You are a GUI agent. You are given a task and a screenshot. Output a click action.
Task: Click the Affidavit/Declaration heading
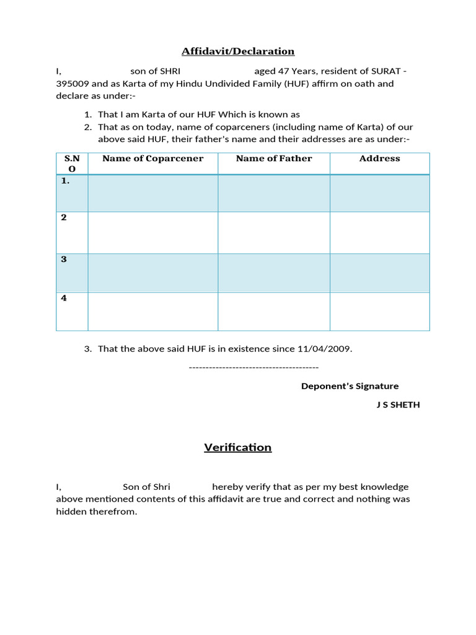pyautogui.click(x=238, y=51)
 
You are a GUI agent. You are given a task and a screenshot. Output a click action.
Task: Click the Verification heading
pyautogui.click(x=238, y=447)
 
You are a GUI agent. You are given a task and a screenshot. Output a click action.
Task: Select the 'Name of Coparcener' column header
pyautogui.click(x=152, y=159)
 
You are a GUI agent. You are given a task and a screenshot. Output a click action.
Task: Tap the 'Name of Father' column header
pyautogui.click(x=274, y=159)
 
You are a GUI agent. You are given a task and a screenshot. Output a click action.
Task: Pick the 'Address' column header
pyautogui.click(x=379, y=159)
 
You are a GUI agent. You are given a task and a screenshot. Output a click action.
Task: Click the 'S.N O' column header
pyautogui.click(x=72, y=163)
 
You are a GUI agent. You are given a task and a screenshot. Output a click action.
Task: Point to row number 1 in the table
pyautogui.click(x=65, y=181)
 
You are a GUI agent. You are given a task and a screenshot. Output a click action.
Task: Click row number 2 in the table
pyautogui.click(x=64, y=218)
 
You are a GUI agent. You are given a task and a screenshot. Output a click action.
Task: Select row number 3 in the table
pyautogui.click(x=64, y=259)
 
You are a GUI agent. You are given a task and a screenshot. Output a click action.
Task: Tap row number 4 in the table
pyautogui.click(x=64, y=298)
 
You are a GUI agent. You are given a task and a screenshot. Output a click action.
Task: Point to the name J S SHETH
pyautogui.click(x=398, y=405)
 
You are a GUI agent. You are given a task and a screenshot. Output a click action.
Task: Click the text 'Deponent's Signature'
pyautogui.click(x=350, y=386)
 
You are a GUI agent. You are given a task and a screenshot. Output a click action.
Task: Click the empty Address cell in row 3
pyautogui.click(x=379, y=273)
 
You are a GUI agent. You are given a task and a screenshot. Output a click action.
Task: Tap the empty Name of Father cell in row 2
pyautogui.click(x=274, y=233)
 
